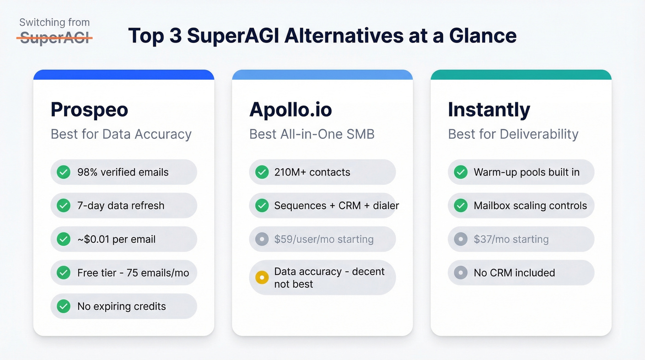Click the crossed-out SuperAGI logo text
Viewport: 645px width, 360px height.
pyautogui.click(x=54, y=38)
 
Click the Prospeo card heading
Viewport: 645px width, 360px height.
pyautogui.click(x=89, y=110)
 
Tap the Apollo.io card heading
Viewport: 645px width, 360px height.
pyautogui.click(x=291, y=110)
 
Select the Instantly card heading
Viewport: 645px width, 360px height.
pyautogui.click(x=489, y=110)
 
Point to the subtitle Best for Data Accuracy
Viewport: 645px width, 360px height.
pyautogui.click(x=121, y=134)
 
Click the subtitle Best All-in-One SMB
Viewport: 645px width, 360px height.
pyautogui.click(x=312, y=134)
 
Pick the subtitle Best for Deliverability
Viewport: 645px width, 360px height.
pyautogui.click(x=513, y=134)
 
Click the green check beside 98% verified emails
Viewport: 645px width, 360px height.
pyautogui.click(x=63, y=172)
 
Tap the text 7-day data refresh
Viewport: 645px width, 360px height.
pyautogui.click(x=121, y=206)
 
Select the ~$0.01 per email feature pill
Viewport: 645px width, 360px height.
pyautogui.click(x=123, y=239)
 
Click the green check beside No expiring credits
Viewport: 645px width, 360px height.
pyautogui.click(x=63, y=306)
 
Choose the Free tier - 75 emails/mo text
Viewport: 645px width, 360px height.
pyautogui.click(x=133, y=273)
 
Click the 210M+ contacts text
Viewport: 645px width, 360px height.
pyautogui.click(x=312, y=172)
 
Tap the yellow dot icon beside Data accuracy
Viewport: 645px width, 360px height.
pyautogui.click(x=262, y=277)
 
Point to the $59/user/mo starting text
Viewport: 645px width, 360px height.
pyautogui.click(x=323, y=239)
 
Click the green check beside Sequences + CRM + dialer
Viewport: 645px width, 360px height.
pyautogui.click(x=262, y=206)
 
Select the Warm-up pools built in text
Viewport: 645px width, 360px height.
pyautogui.click(x=527, y=172)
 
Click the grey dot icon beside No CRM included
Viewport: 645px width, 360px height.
pyautogui.click(x=460, y=273)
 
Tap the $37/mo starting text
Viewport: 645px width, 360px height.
pyautogui.click(x=511, y=239)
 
